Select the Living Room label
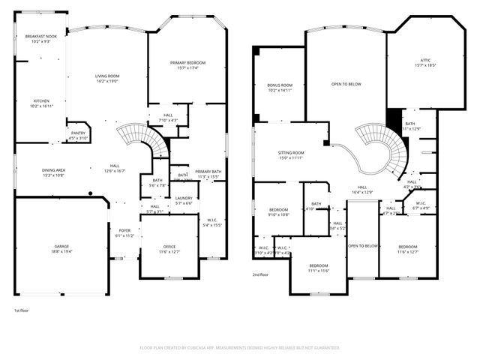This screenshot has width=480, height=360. [109, 76]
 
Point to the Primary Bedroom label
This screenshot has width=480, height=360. [187, 63]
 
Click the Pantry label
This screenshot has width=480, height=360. [78, 133]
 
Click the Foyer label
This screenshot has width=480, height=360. [124, 231]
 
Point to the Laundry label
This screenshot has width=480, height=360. [184, 198]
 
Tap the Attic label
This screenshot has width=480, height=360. [425, 61]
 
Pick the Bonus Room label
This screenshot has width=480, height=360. [280, 85]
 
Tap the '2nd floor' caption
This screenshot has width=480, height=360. [261, 275]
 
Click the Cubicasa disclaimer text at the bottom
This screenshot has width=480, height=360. [240, 347]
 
